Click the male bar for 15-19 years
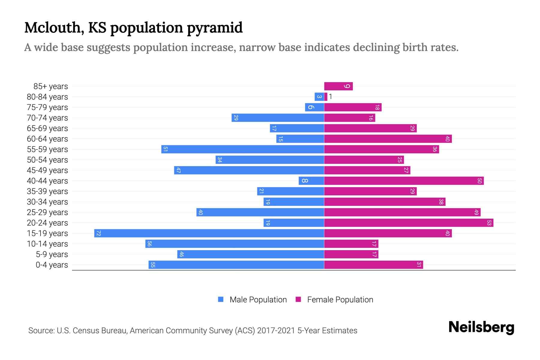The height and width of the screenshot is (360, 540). pos(209,233)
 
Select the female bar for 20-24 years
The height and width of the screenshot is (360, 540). pos(409,223)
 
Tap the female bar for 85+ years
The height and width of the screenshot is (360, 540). pos(338,86)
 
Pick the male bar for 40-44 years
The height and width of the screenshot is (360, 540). pos(311,181)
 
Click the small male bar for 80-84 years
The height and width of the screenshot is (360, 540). pos(319,97)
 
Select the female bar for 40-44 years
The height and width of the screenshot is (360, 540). pos(404,181)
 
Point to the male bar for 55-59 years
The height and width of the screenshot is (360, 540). pos(242,149)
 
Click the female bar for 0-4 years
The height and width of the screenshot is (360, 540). pos(373,265)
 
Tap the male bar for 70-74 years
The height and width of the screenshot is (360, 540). pos(277,118)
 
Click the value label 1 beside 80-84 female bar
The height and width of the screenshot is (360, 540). pos(330,97)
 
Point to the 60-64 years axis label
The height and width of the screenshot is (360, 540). pos(47,139)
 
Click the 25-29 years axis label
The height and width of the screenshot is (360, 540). pos(47,212)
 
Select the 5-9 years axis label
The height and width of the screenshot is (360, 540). pos(52,254)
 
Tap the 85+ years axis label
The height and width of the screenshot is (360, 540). pos(51,86)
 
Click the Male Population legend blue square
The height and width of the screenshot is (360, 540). pos(221,299)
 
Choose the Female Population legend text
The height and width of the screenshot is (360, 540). pos(340,299)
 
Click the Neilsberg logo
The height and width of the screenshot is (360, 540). pos(481,327)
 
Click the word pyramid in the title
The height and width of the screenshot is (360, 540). pos(214,28)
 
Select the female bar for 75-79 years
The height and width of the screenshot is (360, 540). pos(353,107)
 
